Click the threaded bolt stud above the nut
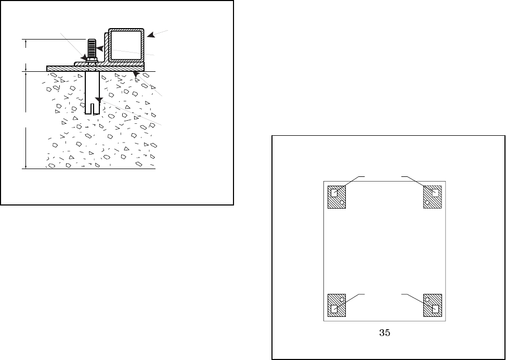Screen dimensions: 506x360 point(92,47)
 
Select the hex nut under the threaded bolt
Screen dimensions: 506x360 point(91,60)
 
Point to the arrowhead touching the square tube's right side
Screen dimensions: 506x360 point(150,36)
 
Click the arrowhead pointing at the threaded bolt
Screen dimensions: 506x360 point(100,48)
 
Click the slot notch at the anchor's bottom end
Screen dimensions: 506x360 point(92,109)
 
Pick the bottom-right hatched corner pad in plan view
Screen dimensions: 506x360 point(433,305)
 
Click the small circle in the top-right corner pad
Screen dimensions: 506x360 point(427,202)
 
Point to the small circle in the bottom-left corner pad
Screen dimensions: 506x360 point(342,300)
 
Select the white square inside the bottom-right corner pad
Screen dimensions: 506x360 point(436,309)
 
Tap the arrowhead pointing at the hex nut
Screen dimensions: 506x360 point(84,58)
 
